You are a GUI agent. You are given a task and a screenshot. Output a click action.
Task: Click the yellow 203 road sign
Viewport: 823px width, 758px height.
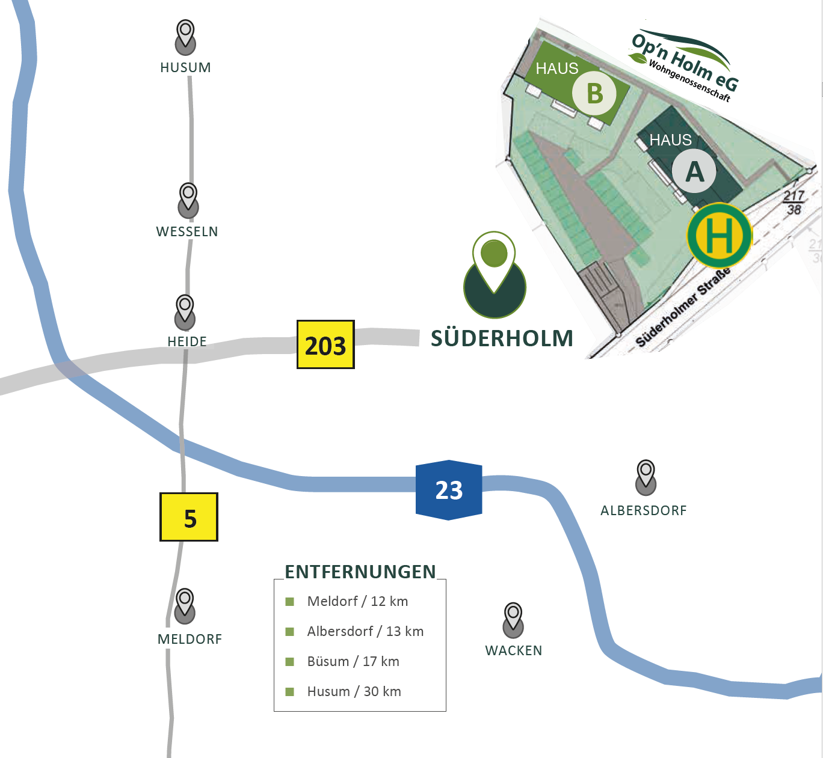[x=325, y=344]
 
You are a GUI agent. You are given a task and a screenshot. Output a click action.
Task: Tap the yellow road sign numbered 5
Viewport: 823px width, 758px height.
[x=189, y=517]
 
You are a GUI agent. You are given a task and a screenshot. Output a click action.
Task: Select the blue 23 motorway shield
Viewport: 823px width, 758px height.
[x=449, y=490]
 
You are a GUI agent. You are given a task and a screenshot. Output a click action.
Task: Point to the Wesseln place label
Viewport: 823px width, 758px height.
[x=187, y=231]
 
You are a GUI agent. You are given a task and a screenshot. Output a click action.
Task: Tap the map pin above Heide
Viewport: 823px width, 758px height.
[x=185, y=311]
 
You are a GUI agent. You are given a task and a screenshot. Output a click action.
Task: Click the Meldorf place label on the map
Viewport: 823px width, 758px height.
[x=190, y=639]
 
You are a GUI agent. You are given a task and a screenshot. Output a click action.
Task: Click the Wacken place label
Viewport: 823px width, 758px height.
[x=513, y=650]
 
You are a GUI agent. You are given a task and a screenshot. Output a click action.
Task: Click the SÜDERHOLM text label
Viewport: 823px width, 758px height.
[x=502, y=338]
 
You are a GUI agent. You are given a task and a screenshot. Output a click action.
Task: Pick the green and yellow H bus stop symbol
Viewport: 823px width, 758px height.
[x=720, y=236]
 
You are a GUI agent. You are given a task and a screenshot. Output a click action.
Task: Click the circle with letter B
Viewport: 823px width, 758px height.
[x=594, y=93]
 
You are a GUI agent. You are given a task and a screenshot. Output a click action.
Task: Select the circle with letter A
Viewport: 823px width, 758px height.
[x=694, y=172]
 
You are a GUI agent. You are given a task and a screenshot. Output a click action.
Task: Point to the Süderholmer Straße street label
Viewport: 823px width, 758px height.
[x=683, y=307]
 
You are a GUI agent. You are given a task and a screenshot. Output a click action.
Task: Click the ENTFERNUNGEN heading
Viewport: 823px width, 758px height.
[x=360, y=572]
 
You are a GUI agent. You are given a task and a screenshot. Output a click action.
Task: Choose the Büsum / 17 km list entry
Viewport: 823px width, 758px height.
[x=353, y=661]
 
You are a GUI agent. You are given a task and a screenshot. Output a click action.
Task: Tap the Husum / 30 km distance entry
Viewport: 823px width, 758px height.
[x=354, y=691]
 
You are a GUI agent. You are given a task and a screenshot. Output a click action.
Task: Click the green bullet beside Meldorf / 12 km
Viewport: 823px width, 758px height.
[x=289, y=602]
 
